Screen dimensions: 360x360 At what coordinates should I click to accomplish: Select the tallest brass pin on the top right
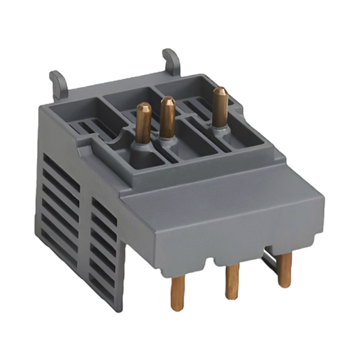click(x=217, y=105)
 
